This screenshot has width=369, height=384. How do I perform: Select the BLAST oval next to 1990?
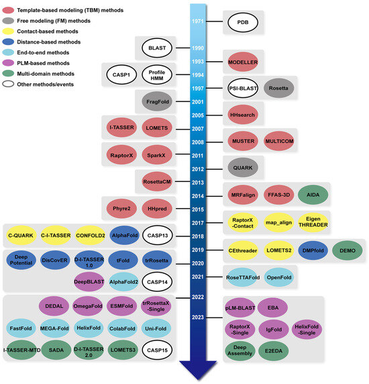point(157,48)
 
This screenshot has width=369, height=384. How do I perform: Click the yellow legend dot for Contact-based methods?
point(8,31)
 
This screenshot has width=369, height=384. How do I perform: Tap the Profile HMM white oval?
point(158,75)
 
